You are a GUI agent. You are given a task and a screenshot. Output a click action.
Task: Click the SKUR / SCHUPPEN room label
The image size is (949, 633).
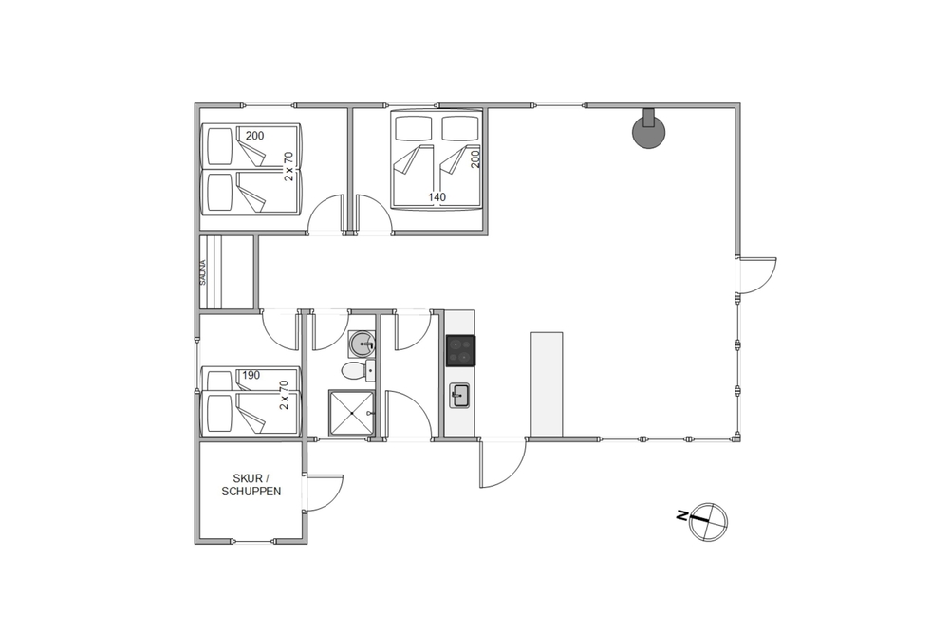pyautogui.click(x=251, y=485)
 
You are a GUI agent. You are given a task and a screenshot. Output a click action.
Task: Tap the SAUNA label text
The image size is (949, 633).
pyautogui.click(x=203, y=272)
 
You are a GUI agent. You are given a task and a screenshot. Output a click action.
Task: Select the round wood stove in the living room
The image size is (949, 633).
pyautogui.click(x=648, y=132)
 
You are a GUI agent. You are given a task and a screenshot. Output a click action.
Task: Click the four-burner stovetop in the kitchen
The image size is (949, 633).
pyautogui.click(x=460, y=350)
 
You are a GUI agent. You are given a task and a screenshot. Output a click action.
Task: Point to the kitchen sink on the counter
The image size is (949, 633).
pyautogui.click(x=459, y=396)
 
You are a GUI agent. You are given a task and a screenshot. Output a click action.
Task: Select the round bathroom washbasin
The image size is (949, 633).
pyautogui.click(x=362, y=344)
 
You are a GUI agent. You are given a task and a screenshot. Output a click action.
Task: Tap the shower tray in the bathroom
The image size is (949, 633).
pyautogui.click(x=351, y=414)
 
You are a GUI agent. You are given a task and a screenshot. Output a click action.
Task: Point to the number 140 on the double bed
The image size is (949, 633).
pyautogui.click(x=437, y=197)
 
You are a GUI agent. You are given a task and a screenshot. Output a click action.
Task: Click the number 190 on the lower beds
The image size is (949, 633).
pyautogui.click(x=251, y=375)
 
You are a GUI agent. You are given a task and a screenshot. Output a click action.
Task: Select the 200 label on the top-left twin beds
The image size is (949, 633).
pyautogui.click(x=254, y=136)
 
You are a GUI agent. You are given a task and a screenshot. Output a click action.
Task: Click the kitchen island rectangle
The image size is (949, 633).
pyautogui.click(x=548, y=383)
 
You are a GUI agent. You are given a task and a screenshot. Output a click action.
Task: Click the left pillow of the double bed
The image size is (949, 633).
pyautogui.click(x=413, y=128)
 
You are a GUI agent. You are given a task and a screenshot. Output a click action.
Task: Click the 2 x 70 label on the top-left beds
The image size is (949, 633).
pyautogui.click(x=289, y=166)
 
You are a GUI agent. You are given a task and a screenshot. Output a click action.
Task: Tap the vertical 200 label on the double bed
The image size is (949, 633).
pyautogui.click(x=475, y=158)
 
